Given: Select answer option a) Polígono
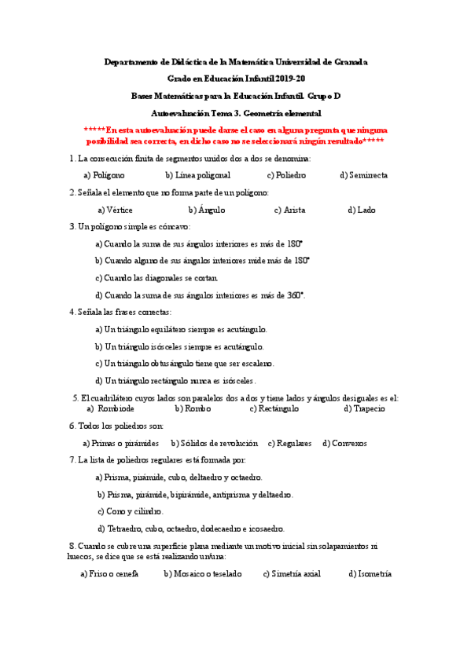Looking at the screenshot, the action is tap(104, 175).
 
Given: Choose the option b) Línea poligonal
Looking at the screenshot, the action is tap(197, 175).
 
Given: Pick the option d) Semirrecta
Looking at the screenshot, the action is tap(363, 175).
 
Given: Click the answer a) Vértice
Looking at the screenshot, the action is tap(115, 210).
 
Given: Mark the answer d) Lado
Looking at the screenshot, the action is tap(362, 210).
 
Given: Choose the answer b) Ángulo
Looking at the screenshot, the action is tap(207, 210).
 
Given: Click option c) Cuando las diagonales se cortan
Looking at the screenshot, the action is tap(156, 277).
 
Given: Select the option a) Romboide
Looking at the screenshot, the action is tap(111, 408).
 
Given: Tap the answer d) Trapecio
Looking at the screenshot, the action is tap(365, 408).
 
